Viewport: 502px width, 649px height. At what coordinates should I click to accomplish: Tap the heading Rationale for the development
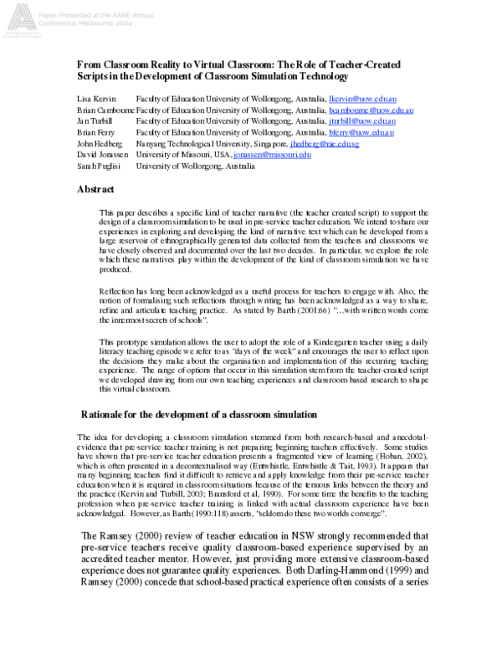click(199, 415)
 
